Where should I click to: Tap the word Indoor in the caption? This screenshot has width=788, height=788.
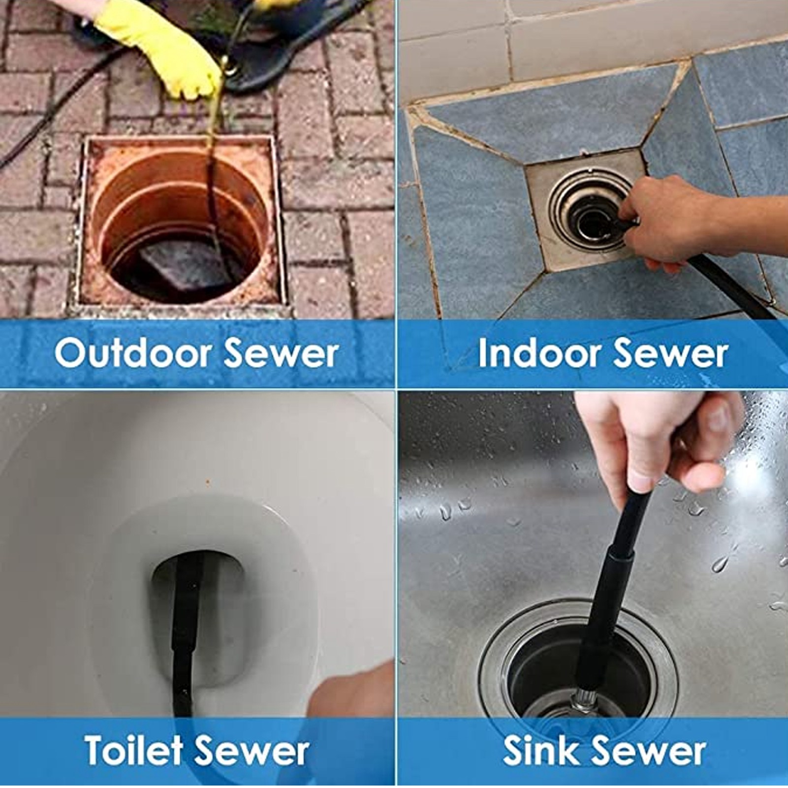pyautogui.click(x=538, y=353)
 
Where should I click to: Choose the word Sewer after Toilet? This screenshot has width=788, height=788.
pyautogui.click(x=252, y=750)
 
